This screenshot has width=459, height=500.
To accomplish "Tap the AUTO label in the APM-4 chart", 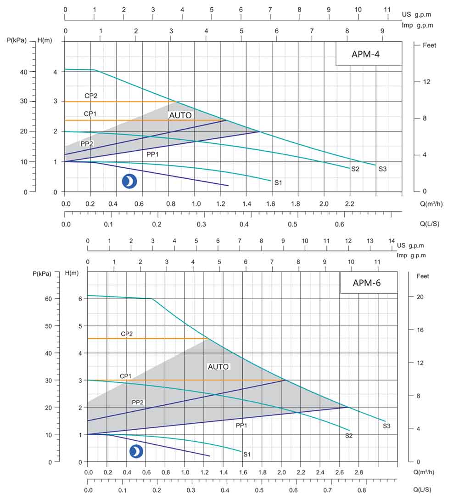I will pyautogui.click(x=180, y=115).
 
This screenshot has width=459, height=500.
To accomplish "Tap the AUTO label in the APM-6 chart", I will pyautogui.click(x=218, y=367).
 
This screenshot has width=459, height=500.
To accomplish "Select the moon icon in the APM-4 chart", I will pyautogui.click(x=129, y=182).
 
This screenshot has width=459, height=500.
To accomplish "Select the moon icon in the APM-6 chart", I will pyautogui.click(x=136, y=452).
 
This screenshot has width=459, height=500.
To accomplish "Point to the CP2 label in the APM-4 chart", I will pyautogui.click(x=90, y=96).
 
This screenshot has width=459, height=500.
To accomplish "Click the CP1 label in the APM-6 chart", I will pyautogui.click(x=126, y=376).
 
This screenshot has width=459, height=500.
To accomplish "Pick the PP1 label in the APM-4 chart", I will pyautogui.click(x=152, y=154).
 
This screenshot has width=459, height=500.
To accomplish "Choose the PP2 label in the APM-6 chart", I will pyautogui.click(x=138, y=402).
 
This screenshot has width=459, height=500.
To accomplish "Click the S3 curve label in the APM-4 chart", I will pyautogui.click(x=382, y=169).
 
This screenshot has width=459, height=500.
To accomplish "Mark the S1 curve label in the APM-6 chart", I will pyautogui.click(x=247, y=455).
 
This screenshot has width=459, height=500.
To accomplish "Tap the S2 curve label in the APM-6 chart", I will pyautogui.click(x=348, y=435).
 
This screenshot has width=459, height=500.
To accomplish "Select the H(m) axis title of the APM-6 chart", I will pyautogui.click(x=72, y=273).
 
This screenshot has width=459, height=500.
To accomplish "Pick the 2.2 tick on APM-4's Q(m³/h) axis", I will pyautogui.click(x=349, y=203).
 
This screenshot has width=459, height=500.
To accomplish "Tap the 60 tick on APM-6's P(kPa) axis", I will pyautogui.click(x=54, y=299).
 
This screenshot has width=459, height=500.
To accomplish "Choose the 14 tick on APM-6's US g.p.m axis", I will pyautogui.click(x=392, y=241).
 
